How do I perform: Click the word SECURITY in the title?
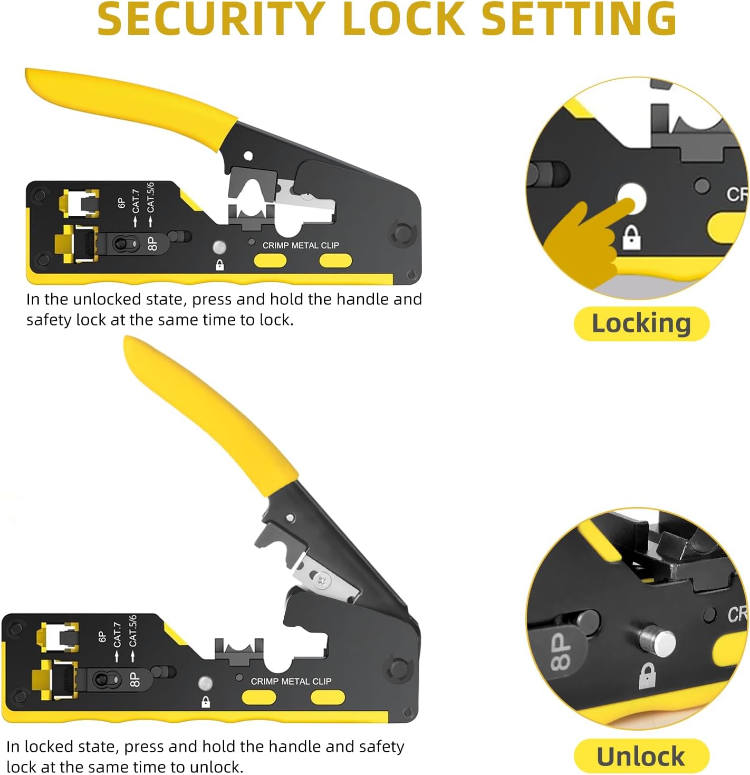pos(209,18)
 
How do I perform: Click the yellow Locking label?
pos(641,324)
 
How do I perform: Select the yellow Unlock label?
pos(641,755)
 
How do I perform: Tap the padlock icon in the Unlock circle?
pos(647,676)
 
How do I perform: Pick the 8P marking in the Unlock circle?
pos(561,652)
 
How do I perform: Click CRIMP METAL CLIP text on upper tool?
pos(301,245)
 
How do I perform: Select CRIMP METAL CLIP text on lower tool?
pos(291,682)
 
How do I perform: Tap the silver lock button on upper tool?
pos(219,247)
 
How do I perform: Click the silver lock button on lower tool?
pos(205,683)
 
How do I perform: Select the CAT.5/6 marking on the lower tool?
pos(132,639)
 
